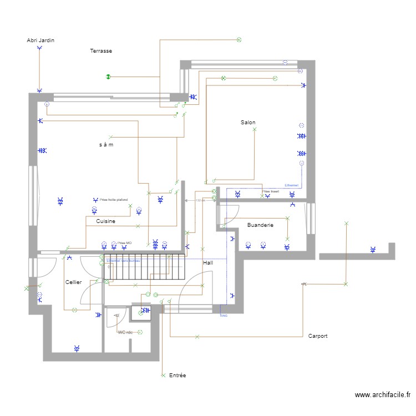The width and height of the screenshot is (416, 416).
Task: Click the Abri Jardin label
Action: [x=40, y=40]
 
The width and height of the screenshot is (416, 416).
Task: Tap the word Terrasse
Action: [x=101, y=51]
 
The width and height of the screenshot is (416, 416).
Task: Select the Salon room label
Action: [x=248, y=122]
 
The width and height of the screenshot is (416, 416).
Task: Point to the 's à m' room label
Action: [x=106, y=145]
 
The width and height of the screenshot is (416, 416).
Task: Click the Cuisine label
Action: [x=105, y=221]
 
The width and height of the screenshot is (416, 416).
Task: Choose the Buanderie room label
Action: [x=260, y=225]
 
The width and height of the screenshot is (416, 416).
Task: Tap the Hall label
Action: [x=208, y=262]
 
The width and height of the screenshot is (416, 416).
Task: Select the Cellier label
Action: [x=73, y=282]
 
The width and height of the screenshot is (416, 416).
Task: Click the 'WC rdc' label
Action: [x=125, y=332]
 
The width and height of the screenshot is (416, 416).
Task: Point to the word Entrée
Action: [x=177, y=376]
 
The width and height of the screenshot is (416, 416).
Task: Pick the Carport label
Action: [x=318, y=336]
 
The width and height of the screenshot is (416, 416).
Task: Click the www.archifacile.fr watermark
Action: [x=382, y=395]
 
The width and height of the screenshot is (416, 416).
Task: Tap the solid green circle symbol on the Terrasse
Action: [x=109, y=77]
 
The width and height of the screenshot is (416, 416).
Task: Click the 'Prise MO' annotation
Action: [x=125, y=243]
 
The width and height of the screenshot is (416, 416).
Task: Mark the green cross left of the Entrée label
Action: [x=163, y=376]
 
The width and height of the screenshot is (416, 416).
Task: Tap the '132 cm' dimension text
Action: [x=201, y=200]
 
